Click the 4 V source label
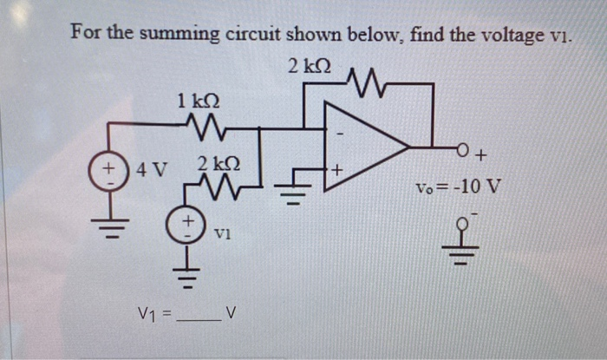pyautogui.click(x=153, y=166)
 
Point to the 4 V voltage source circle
pyautogui.click(x=110, y=166)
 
